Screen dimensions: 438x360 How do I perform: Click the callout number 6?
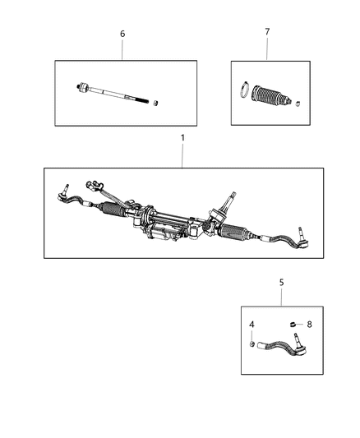pos(122,34)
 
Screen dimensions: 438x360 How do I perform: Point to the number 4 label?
pos(252,325)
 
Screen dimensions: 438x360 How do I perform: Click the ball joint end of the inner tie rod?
pos(85,86)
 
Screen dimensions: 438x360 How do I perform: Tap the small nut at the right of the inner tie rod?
pos(157,103)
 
